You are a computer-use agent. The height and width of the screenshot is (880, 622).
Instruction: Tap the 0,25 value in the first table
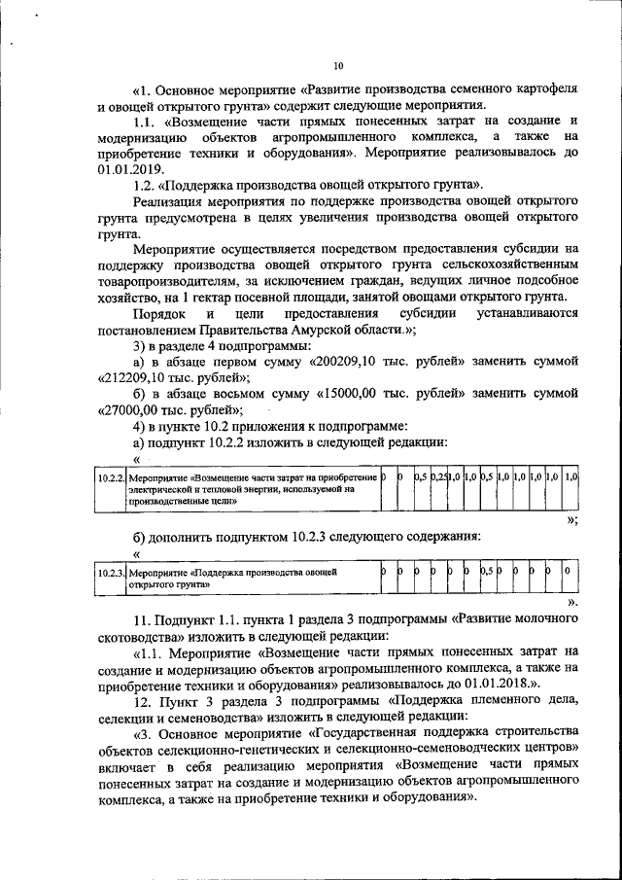[x=438, y=478]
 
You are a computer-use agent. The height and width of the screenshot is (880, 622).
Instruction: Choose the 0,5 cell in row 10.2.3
[x=488, y=573]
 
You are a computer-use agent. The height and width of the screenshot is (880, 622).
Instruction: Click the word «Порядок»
[x=160, y=313]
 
